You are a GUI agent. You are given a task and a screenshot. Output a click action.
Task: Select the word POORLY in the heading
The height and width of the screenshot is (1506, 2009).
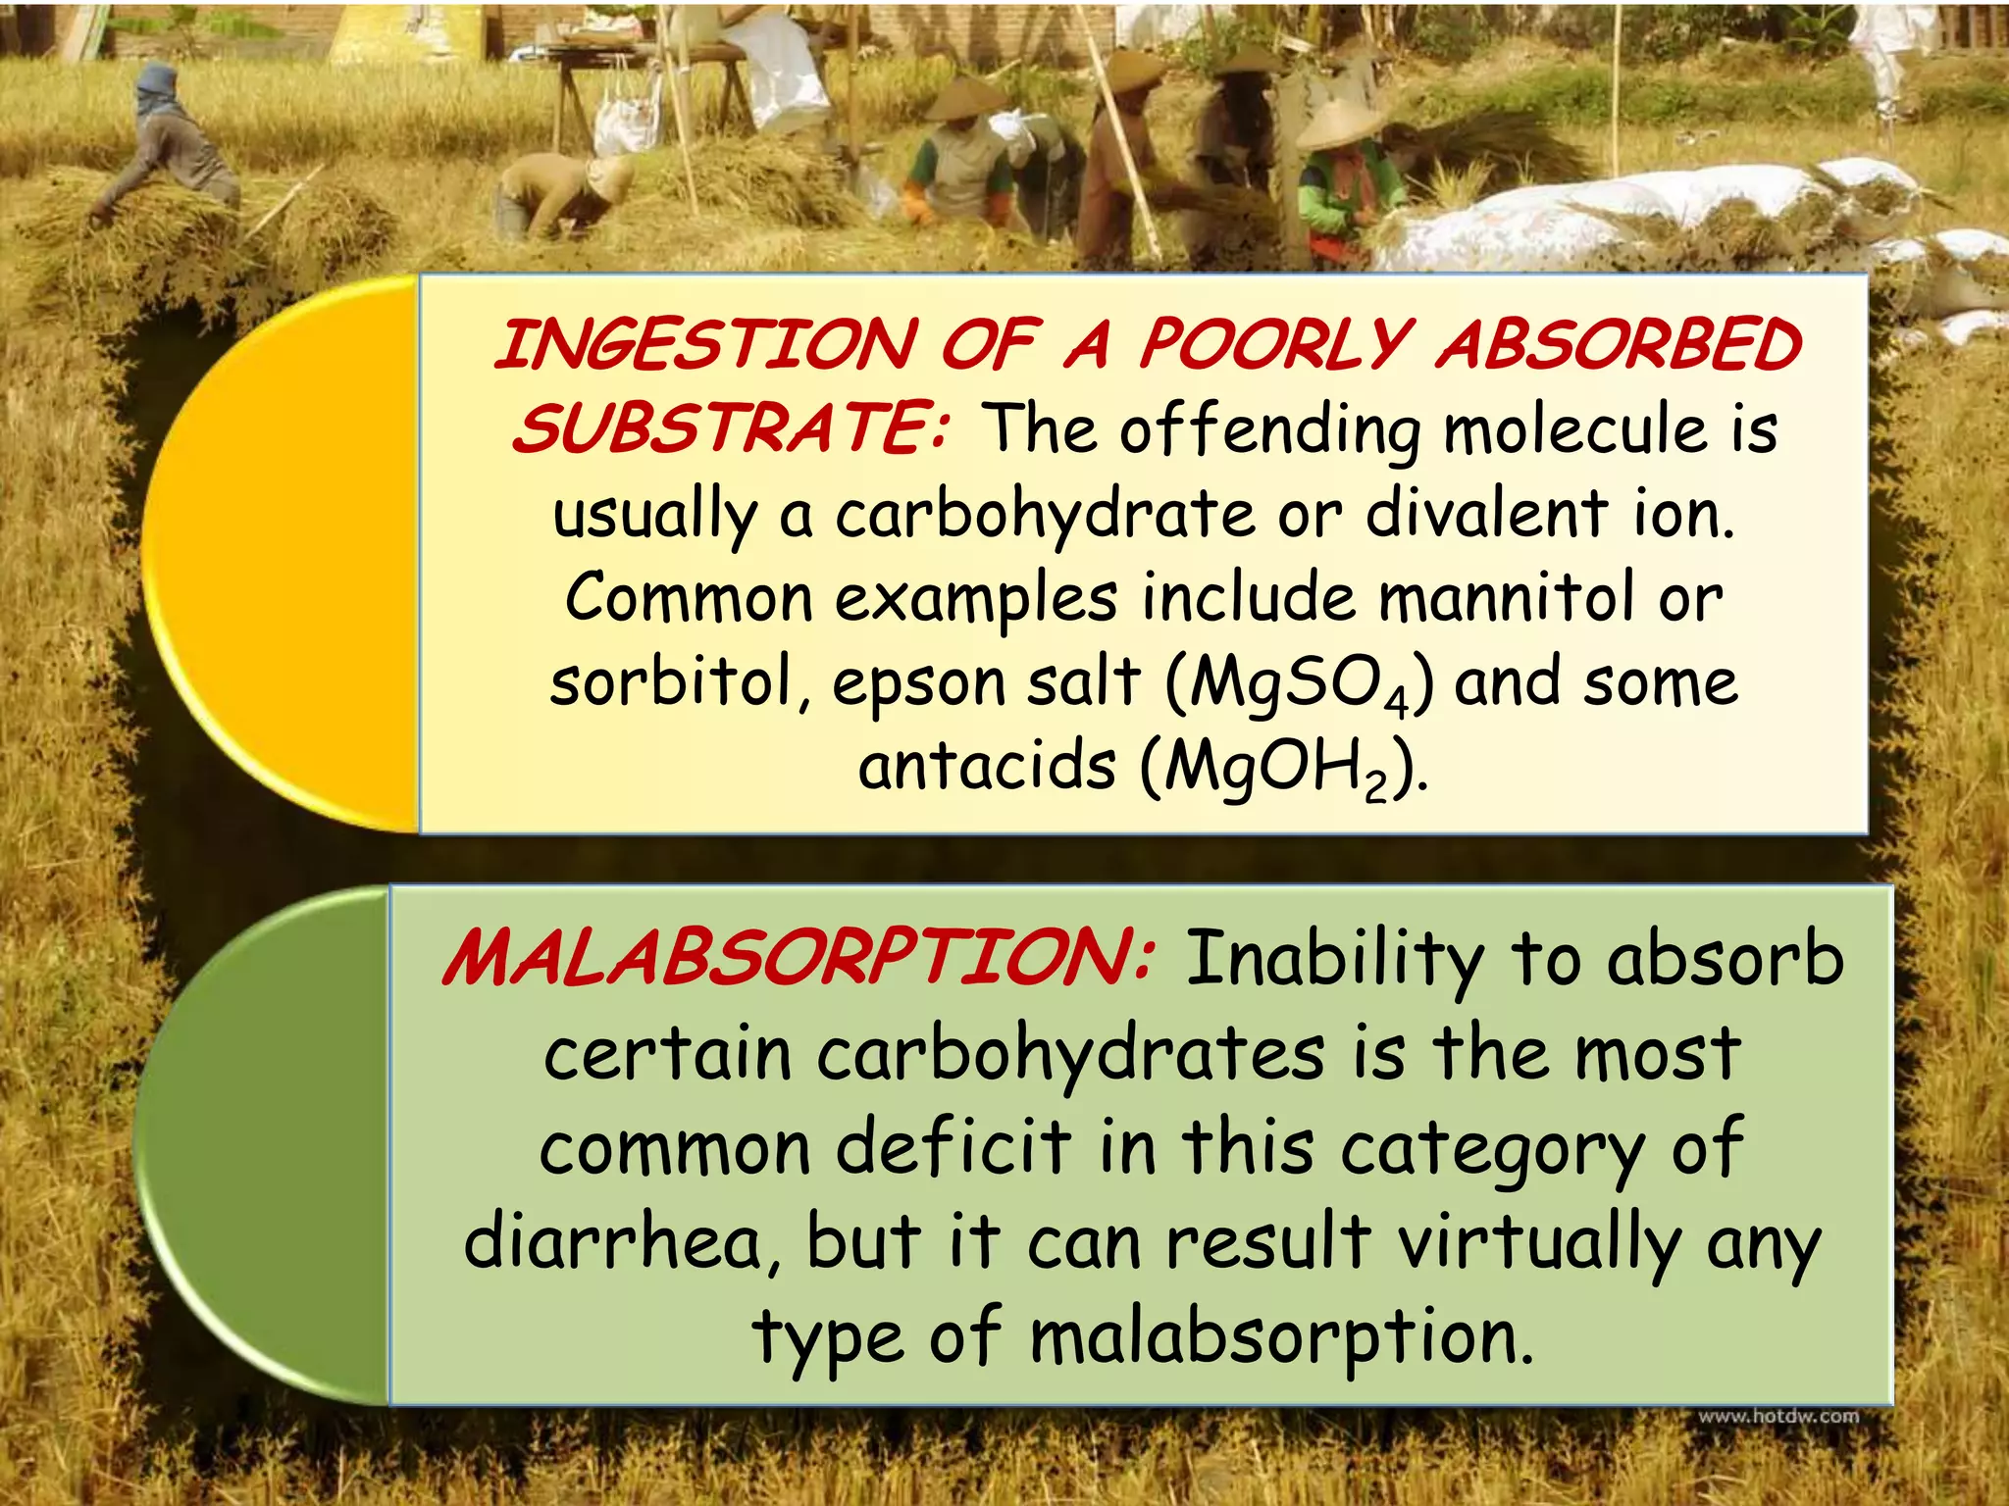click(1274, 345)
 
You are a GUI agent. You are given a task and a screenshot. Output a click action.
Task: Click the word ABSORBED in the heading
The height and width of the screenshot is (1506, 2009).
click(1619, 345)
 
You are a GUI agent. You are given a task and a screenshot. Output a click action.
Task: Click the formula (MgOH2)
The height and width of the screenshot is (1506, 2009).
click(1284, 768)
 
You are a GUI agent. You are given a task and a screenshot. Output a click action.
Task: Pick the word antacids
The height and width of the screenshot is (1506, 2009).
click(987, 766)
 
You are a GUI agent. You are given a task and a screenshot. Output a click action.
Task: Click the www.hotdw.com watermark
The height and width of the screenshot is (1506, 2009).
click(1778, 1416)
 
